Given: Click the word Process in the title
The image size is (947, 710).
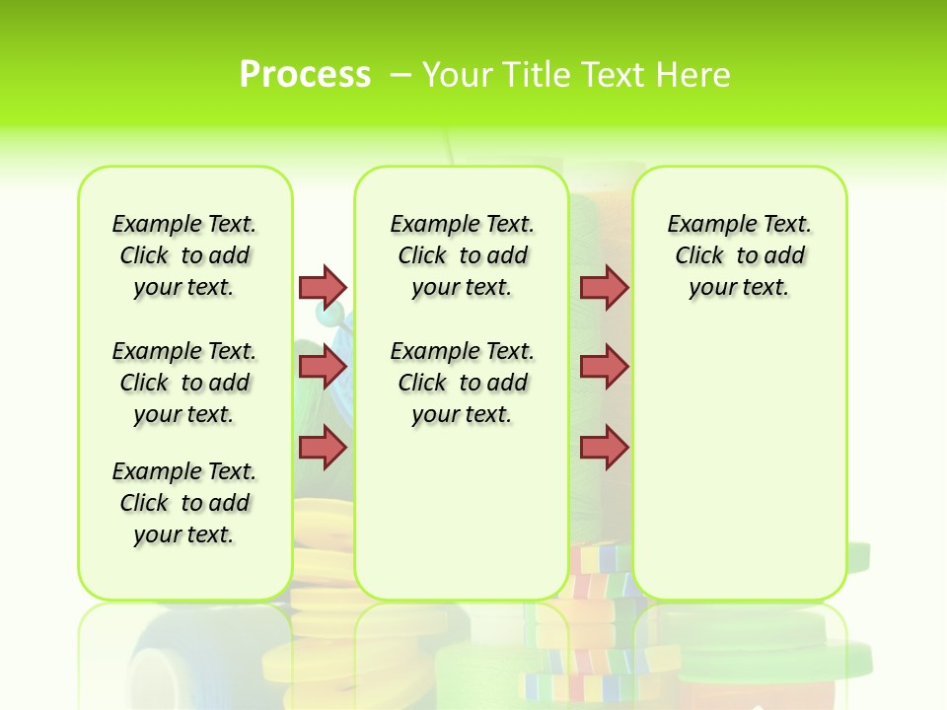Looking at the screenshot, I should tap(305, 74).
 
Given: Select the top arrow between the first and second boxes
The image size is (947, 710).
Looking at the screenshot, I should tap(323, 287).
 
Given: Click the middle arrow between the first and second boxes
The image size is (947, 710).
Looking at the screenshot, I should tap(323, 368).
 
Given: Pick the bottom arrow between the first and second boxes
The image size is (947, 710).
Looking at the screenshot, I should tap(323, 448).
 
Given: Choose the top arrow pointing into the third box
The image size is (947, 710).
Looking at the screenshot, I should tap(604, 287).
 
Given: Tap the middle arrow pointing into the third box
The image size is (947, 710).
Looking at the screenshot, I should tap(604, 368).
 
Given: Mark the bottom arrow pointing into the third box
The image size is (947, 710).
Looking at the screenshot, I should tap(604, 448).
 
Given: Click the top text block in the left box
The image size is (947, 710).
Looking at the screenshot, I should tap(184, 255).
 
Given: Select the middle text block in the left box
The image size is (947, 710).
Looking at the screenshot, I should tap(184, 383).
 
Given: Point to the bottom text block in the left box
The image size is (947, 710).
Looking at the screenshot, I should tap(184, 503).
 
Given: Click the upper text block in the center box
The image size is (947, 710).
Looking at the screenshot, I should tap(462, 255).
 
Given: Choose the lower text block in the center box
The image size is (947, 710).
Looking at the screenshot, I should tap(462, 383).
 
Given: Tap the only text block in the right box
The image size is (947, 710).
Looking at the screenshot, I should tap(739, 255).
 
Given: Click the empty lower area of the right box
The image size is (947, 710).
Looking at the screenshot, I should tap(739, 463).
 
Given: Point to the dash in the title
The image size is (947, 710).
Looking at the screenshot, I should tap(401, 75).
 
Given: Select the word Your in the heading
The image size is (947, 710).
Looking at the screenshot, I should tap(456, 75).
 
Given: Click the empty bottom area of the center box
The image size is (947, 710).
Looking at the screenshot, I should tap(462, 523).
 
